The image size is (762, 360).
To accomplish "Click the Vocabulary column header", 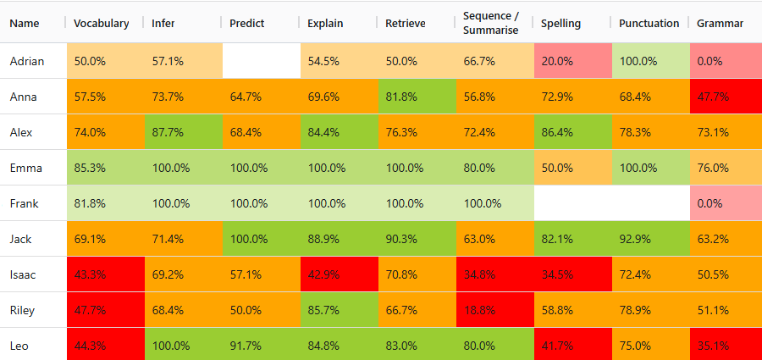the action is click(101, 24).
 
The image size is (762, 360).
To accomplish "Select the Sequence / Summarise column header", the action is click(491, 23).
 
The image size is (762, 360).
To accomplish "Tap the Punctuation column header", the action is click(649, 24).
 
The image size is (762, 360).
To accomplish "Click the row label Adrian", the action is click(27, 61).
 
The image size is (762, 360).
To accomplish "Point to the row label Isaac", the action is click(23, 274).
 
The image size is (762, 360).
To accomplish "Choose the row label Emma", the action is click(25, 168).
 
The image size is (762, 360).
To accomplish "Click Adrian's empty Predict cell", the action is click(262, 61).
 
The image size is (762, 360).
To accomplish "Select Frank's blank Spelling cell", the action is click(573, 202).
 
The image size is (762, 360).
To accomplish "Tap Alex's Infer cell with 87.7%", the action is click(184, 132).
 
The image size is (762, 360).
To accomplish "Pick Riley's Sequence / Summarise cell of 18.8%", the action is click(495, 310).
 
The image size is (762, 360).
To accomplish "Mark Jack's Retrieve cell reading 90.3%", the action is click(417, 239).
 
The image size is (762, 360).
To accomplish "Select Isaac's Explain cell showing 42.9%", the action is click(340, 274).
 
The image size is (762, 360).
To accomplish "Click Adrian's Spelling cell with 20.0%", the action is click(573, 61).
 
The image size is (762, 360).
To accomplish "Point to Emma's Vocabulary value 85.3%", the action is click(90, 168).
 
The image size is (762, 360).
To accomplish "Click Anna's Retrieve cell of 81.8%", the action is click(417, 97).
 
